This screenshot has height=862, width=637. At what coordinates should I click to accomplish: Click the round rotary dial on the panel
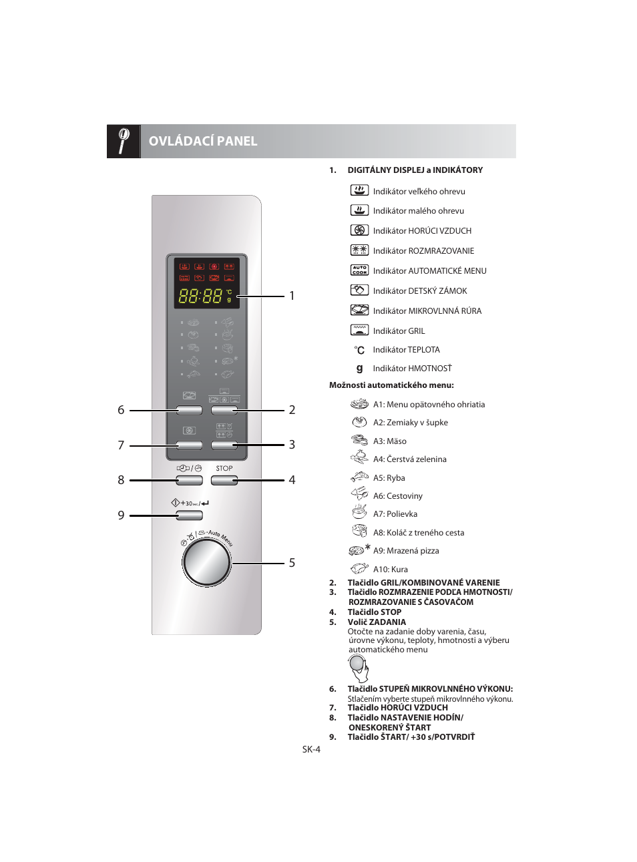(x=207, y=562)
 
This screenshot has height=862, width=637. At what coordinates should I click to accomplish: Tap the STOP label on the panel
(x=224, y=468)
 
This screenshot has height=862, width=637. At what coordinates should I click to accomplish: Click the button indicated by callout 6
(x=189, y=410)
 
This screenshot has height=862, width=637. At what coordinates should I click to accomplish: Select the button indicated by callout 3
(x=224, y=445)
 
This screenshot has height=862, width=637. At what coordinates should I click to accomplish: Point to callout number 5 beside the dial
(x=292, y=563)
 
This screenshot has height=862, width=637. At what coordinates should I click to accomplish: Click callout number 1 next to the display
(x=292, y=296)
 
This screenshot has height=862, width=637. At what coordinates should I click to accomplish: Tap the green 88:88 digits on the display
(x=200, y=296)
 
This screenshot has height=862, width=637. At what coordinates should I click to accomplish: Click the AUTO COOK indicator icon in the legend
(x=359, y=270)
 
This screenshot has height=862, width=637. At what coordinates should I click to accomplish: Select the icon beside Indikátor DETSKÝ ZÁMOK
(x=359, y=290)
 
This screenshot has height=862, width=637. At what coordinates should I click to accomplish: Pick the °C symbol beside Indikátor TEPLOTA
(x=359, y=350)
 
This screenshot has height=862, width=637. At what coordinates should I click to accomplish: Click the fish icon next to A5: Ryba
(x=359, y=477)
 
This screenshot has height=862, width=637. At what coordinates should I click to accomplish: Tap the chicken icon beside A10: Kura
(x=359, y=569)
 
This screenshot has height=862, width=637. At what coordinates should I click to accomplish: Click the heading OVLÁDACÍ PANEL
(x=203, y=141)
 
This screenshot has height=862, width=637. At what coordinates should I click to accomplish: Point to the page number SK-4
(x=311, y=749)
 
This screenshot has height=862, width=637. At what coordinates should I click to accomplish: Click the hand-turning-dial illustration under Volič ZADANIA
(x=359, y=668)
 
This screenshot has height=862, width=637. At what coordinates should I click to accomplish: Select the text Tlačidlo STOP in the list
(x=374, y=612)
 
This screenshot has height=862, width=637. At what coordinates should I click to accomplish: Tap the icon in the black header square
(x=124, y=141)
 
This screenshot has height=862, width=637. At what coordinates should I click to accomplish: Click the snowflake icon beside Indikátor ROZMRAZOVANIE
(x=359, y=250)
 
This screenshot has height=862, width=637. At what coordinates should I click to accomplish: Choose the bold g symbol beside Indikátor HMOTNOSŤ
(x=359, y=368)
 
